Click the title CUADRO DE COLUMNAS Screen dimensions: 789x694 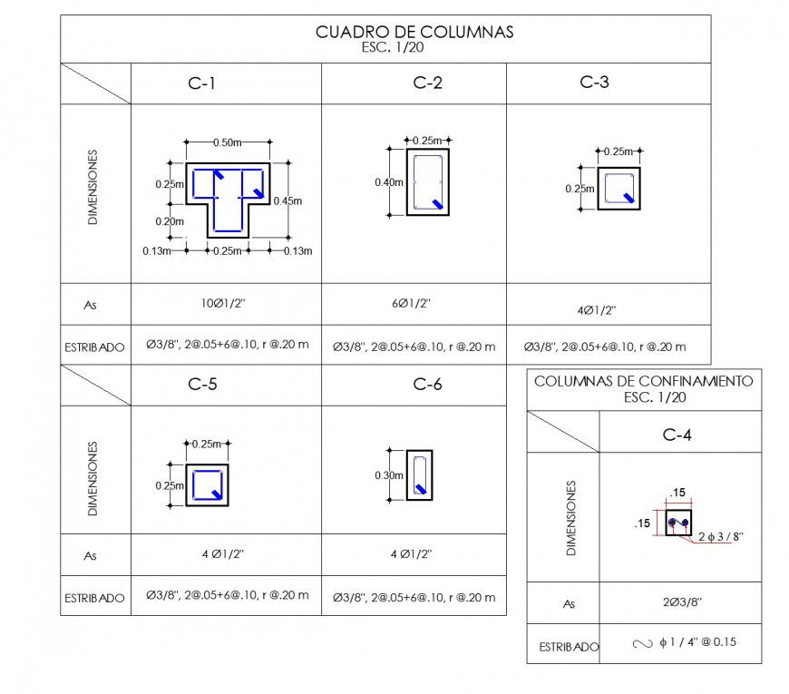coord(414,33)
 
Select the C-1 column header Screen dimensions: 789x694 coord(202,84)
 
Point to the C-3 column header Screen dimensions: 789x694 coord(594,83)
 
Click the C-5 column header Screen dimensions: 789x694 coord(202,385)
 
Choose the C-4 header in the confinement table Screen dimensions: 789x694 coord(677,435)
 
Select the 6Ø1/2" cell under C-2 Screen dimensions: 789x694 coord(413,304)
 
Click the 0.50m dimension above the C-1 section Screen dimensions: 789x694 coord(227,142)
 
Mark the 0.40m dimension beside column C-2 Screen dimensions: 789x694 coord(389,182)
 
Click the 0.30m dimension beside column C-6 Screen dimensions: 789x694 coord(389,474)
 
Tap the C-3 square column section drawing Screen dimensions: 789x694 coord(619,189)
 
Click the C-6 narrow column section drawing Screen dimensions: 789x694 coord(419,474)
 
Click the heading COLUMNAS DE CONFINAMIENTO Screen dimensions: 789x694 coord(643,382)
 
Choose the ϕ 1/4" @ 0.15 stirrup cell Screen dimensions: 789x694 coord(684,643)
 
